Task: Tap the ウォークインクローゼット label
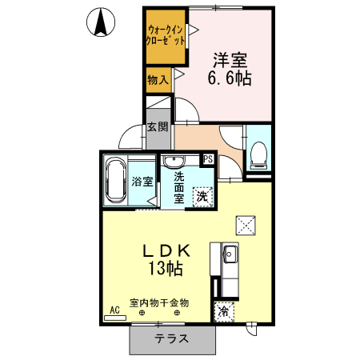(x=166, y=35)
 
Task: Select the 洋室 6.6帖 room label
(x=230, y=69)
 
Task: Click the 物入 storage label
(x=157, y=79)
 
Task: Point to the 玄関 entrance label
(x=158, y=126)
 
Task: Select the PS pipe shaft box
(x=208, y=158)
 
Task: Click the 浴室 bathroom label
(x=142, y=182)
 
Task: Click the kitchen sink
(x=229, y=255)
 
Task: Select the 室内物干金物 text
(x=160, y=302)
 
